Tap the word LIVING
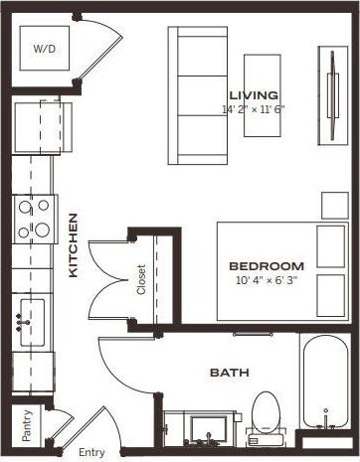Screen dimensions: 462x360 click(253, 94)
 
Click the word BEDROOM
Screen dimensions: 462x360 click(266, 265)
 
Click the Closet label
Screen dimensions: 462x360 click(141, 279)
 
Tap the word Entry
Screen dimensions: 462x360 click(90, 453)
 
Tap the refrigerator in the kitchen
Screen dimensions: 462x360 click(42, 126)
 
